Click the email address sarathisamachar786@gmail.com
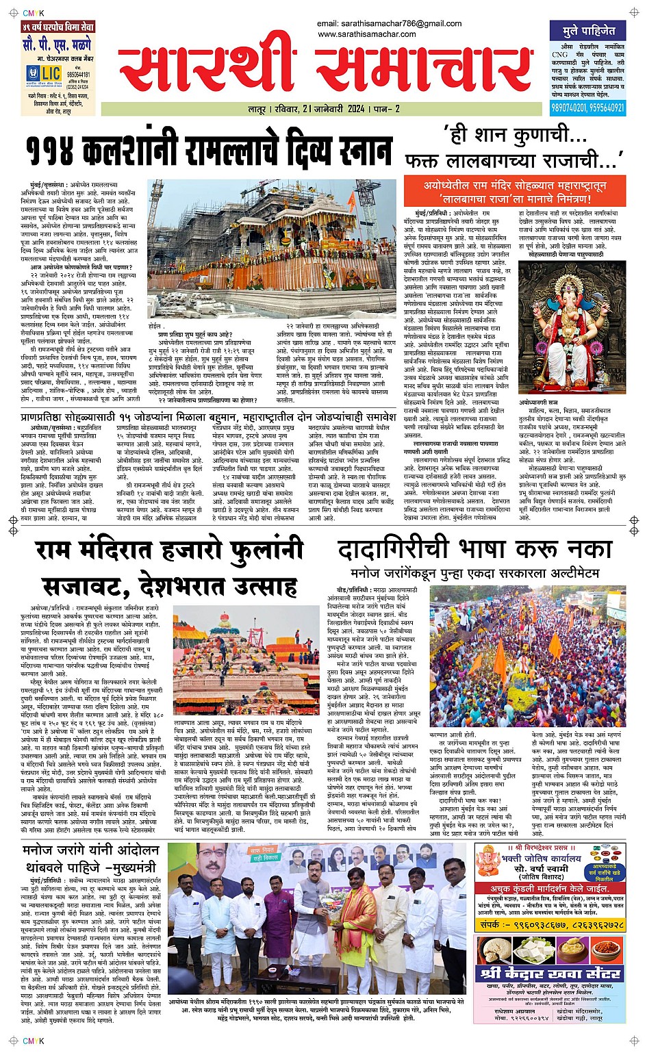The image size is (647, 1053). [x=390, y=24]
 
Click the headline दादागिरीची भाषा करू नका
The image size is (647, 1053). [x=474, y=550]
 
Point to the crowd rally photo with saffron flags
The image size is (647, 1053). [x=527, y=657]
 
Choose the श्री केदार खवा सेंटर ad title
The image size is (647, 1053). [x=550, y=973]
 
